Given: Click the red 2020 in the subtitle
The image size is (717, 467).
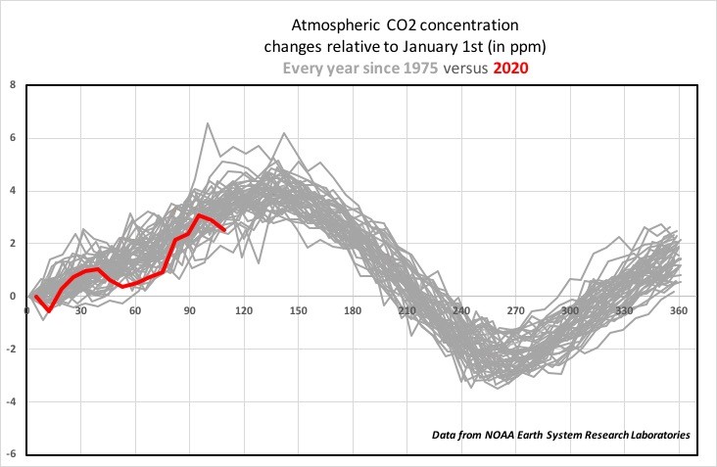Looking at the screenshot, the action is pyautogui.click(x=510, y=69).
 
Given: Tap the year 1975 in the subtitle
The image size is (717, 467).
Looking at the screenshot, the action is pyautogui.click(x=420, y=69).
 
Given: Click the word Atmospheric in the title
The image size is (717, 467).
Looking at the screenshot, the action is pyautogui.click(x=335, y=25).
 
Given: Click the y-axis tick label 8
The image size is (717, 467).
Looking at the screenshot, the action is pyautogui.click(x=13, y=85).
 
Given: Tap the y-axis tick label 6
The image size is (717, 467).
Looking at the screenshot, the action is pyautogui.click(x=13, y=137).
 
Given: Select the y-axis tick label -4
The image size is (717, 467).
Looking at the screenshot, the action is pyautogui.click(x=11, y=401).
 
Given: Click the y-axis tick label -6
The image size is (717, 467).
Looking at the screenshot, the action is pyautogui.click(x=11, y=453).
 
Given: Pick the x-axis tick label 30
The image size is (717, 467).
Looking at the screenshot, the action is pyautogui.click(x=81, y=310).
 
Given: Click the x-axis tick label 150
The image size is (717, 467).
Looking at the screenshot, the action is pyautogui.click(x=298, y=310).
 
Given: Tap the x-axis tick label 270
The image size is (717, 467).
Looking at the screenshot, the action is pyautogui.click(x=515, y=310).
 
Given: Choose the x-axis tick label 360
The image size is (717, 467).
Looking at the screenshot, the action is pyautogui.click(x=679, y=310).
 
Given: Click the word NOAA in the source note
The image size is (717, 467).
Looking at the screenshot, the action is pyautogui.click(x=500, y=435).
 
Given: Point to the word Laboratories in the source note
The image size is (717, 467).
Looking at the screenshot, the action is pyautogui.click(x=660, y=435).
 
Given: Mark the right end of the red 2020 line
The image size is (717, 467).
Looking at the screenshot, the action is pyautogui.click(x=224, y=230).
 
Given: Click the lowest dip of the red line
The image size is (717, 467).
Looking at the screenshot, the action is pyautogui.click(x=49, y=310).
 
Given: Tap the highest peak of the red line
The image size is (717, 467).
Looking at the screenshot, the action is pyautogui.click(x=199, y=214).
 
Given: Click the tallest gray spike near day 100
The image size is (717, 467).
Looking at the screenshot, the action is pyautogui.click(x=208, y=123).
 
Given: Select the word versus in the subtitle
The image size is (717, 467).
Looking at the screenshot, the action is pyautogui.click(x=465, y=69).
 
